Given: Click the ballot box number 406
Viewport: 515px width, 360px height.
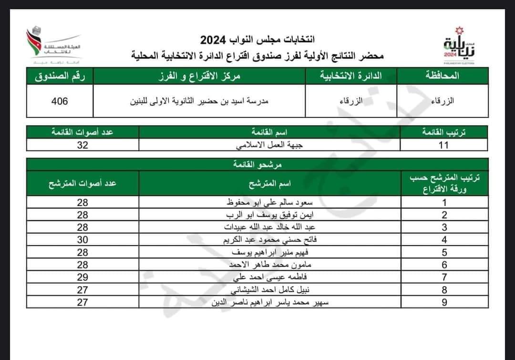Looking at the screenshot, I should click(x=60, y=101).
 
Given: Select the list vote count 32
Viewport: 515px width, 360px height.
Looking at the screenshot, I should click(x=83, y=145).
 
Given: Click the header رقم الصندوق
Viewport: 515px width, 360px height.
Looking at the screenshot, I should click(x=60, y=76).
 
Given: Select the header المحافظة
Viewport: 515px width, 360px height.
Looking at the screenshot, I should click(x=441, y=76).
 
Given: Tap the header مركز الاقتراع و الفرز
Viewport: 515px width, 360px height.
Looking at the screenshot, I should click(x=199, y=76).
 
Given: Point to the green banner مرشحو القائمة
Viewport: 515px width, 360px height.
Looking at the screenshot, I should click(x=257, y=165).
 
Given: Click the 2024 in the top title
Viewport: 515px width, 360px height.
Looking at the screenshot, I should click(x=214, y=40).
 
